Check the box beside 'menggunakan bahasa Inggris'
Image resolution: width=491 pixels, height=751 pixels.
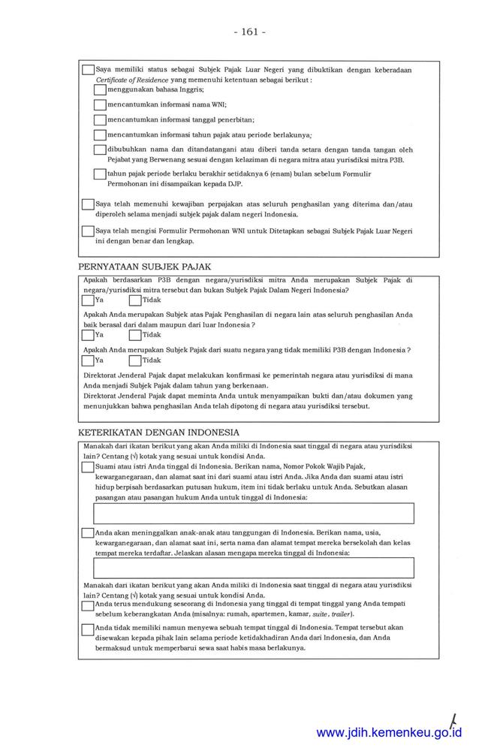(100, 89)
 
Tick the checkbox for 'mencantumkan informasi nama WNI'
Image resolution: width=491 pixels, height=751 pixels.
(100, 104)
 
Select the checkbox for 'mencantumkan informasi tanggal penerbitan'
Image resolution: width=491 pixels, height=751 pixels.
(100, 119)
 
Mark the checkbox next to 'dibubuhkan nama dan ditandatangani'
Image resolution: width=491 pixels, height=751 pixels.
(100, 149)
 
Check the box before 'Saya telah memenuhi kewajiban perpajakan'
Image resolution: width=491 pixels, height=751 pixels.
(88, 204)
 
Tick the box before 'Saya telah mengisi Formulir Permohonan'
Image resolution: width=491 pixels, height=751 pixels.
(88, 231)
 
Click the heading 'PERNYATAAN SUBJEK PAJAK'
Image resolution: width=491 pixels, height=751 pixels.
(145, 267)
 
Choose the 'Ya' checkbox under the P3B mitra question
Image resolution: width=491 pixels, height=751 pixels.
(88, 300)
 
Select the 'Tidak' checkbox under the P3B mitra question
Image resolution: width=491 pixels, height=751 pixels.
(135, 300)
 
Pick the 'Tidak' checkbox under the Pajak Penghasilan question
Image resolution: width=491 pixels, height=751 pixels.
(135, 335)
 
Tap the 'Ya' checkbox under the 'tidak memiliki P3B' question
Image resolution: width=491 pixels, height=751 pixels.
(88, 360)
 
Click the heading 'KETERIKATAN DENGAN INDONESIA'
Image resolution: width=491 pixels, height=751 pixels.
(159, 433)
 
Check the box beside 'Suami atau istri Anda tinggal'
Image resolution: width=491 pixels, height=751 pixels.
(88, 466)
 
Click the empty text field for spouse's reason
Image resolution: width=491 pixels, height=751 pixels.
(254, 514)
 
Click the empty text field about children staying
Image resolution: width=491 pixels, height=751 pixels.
(254, 568)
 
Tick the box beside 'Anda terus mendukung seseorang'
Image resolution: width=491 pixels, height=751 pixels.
(88, 605)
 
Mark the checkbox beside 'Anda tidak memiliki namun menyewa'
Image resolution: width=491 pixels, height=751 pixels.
(88, 629)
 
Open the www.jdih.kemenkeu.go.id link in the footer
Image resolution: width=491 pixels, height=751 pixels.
(389, 732)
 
